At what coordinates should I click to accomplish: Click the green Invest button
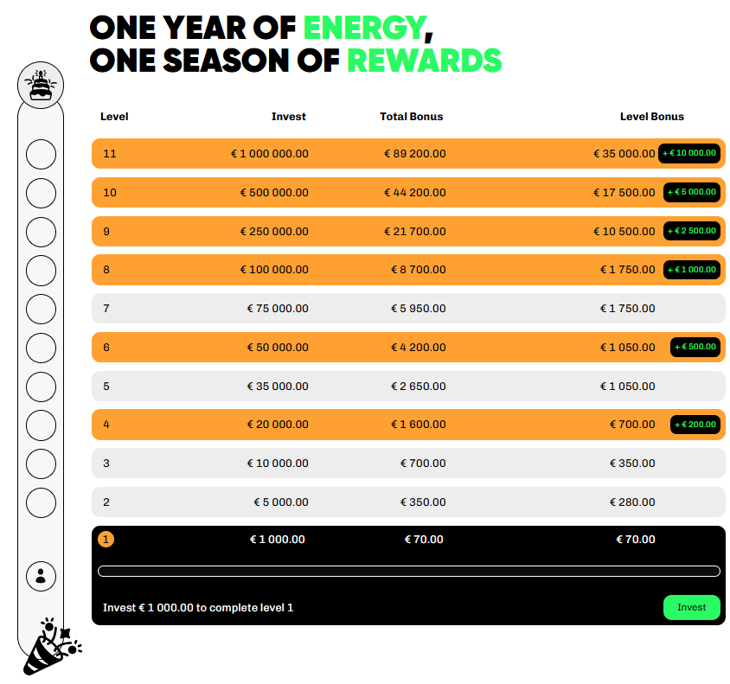point(691,607)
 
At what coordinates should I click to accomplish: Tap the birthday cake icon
point(41,85)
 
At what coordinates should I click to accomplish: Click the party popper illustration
point(52,646)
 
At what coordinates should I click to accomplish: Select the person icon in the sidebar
point(41,576)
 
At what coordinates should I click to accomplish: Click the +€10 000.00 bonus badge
point(689,153)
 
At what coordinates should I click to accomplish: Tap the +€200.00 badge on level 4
point(695,425)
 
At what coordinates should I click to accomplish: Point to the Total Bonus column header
point(411,117)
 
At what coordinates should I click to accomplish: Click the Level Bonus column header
point(652,117)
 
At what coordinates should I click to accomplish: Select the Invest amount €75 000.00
point(278,309)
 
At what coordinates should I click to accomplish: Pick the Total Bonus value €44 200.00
point(415,193)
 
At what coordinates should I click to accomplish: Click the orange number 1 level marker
point(106,540)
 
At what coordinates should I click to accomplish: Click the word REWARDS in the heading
point(425,61)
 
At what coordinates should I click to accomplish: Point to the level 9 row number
point(106,231)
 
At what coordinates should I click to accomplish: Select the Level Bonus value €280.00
point(632,502)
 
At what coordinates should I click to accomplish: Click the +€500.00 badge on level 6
point(695,347)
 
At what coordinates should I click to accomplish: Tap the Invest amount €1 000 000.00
point(270,154)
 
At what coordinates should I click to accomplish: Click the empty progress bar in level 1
point(409,571)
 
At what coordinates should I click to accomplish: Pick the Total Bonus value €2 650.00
point(418,387)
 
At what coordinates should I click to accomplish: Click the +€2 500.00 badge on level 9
point(692,231)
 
